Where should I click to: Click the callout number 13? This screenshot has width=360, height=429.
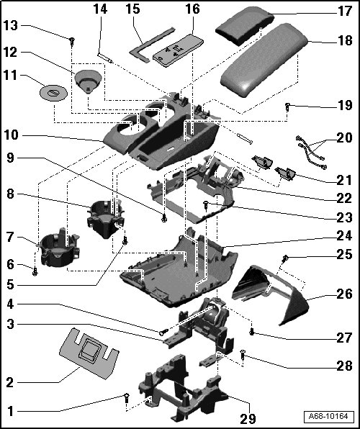coord(10,26)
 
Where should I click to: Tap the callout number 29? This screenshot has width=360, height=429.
coord(248,418)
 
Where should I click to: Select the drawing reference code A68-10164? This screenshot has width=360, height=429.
coord(328,417)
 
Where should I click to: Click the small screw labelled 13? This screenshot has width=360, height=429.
coord(72,41)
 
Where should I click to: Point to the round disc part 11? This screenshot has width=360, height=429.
coord(53,93)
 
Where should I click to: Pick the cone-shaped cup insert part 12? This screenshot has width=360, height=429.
coord(88,81)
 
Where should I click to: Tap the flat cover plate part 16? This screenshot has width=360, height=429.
coord(179,50)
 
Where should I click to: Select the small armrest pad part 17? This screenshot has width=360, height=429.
coord(245,25)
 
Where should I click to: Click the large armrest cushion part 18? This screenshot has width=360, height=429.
coord(264,59)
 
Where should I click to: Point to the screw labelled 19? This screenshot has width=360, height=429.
coord(287,107)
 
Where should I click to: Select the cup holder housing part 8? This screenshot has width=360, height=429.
coord(105,218)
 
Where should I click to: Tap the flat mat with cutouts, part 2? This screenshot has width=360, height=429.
coord(89,353)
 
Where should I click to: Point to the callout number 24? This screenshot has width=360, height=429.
coord(344,236)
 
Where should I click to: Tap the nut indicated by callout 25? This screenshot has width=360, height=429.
coord(285,258)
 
